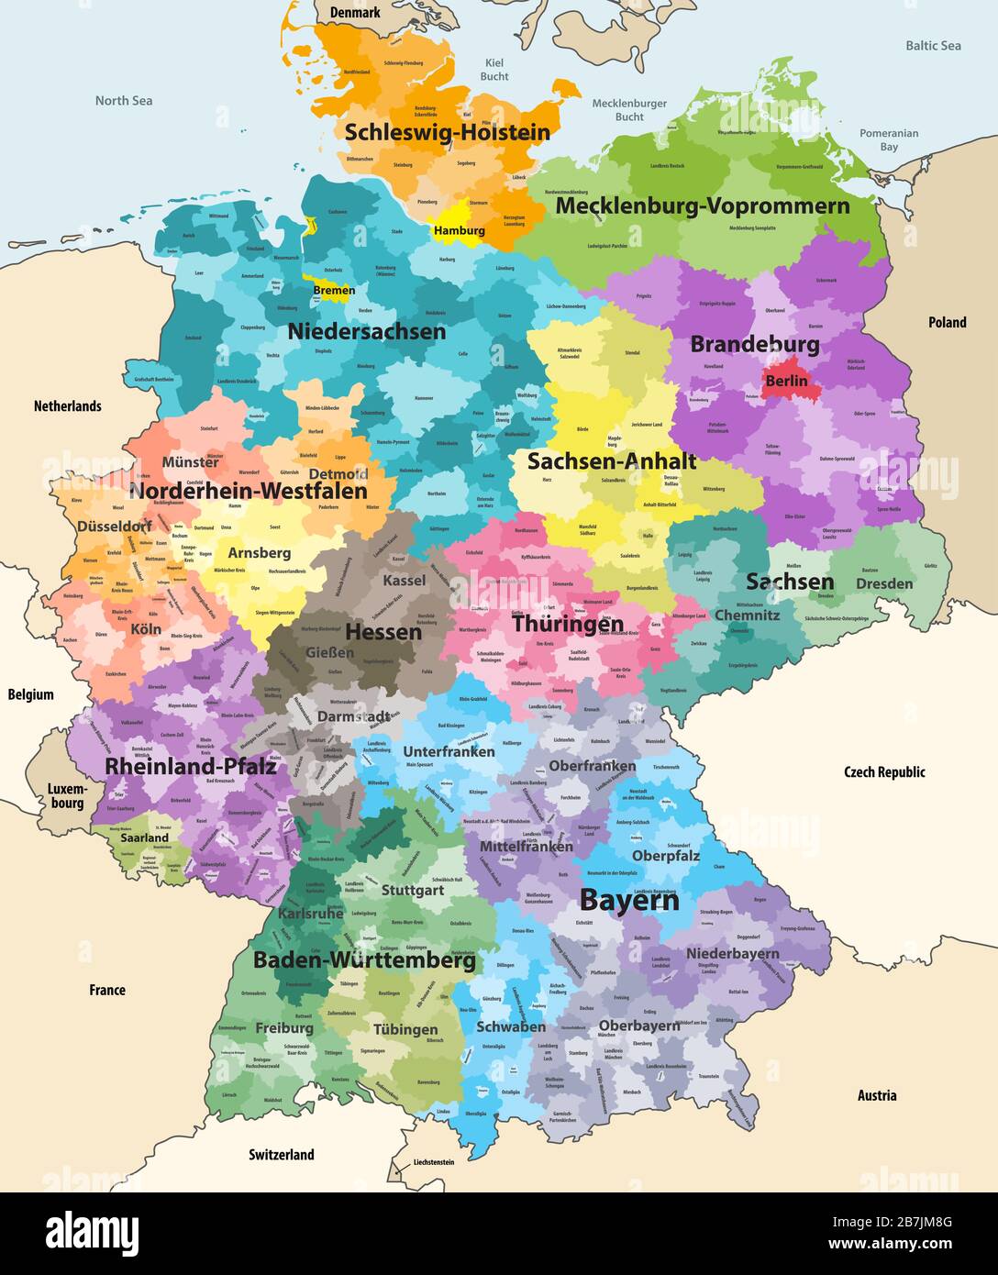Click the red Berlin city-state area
pos(786,380)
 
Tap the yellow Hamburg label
pos(460,231)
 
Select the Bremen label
pos(334,291)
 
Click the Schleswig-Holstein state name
pos(447,132)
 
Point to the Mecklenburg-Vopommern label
pos(702,205)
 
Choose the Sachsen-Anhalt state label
pos(611,461)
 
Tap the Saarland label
pos(145,837)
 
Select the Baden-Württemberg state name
pos(364,960)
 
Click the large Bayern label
pos(629,900)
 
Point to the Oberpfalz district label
pos(666,855)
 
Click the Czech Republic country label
pos(884,772)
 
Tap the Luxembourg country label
pos(66,796)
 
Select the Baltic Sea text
pos(933,45)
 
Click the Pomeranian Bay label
pos(888,139)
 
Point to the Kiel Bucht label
pos(494,70)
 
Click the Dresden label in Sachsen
pos(884,583)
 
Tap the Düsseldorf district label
pos(114,527)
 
